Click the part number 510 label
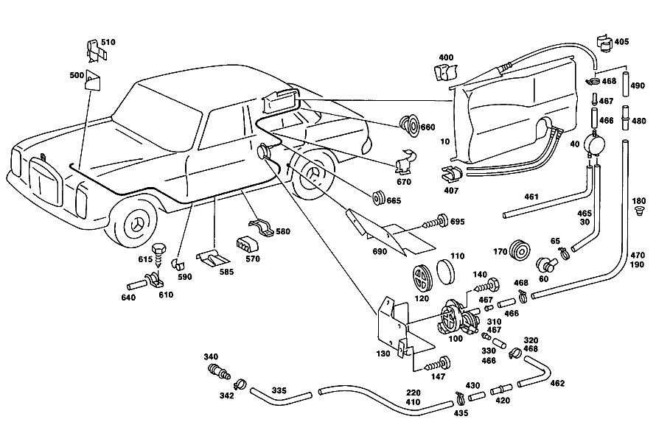point(108,42)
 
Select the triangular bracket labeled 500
point(94,80)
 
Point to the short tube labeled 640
point(137,286)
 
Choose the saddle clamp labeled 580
point(260,227)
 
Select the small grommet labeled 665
point(379,197)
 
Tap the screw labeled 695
point(436,222)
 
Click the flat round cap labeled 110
point(445,271)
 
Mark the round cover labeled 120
point(420,278)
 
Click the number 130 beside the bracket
point(383,354)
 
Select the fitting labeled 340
point(218,370)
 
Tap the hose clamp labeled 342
point(240,384)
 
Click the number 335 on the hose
point(279,390)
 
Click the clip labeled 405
point(604,43)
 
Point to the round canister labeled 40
point(595,144)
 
